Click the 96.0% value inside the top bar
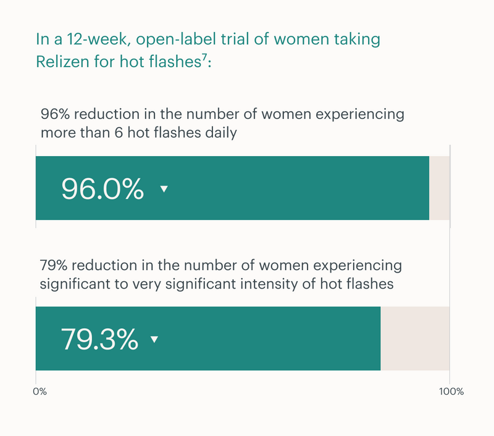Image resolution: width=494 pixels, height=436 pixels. pos(103,189)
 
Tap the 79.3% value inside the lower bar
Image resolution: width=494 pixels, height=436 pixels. pos(99,339)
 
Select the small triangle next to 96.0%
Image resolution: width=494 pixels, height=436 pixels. pos(164,189)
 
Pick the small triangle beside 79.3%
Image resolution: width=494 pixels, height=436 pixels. pos(154,339)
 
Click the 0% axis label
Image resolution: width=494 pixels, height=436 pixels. pos(40,392)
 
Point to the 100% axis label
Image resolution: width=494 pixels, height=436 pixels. pos(451,392)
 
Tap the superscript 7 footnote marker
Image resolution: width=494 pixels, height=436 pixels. pos(204,57)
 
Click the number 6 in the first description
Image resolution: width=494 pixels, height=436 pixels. pos(119,133)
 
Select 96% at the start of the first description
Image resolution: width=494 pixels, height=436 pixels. pos(55,114)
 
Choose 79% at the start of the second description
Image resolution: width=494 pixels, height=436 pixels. pos(54,266)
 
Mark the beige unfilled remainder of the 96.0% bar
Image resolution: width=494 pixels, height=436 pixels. pos(439,188)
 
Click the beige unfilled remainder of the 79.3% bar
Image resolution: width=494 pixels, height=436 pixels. pos(415,339)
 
